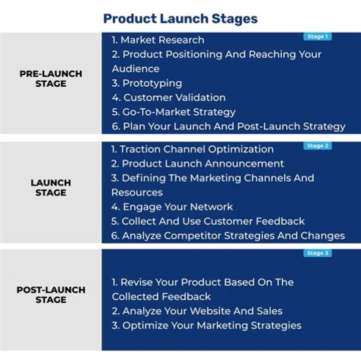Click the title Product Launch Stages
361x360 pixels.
[x=180, y=19]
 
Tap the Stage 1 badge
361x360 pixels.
[x=317, y=37]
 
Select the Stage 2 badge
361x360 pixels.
[x=317, y=146]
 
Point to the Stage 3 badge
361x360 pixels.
[x=317, y=253]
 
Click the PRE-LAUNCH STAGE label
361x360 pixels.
[x=51, y=79]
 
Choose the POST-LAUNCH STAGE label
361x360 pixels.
[x=51, y=295]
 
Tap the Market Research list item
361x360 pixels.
[x=158, y=40]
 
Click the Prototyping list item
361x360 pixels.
[x=147, y=83]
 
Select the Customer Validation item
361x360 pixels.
[x=168, y=98]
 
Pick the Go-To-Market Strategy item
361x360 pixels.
[x=173, y=112]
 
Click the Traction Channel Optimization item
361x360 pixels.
[x=192, y=149]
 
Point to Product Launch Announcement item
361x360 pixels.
[x=198, y=164]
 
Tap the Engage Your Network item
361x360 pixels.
[x=172, y=207]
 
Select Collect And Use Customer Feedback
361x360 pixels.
[x=208, y=222]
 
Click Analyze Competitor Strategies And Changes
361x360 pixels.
[x=228, y=236]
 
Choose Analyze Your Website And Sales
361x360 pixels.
[x=197, y=311]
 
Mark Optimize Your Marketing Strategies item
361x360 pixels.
[x=207, y=326]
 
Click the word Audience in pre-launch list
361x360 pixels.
[x=136, y=69]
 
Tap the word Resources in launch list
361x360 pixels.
[x=137, y=193]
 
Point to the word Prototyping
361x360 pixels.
[x=152, y=83]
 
